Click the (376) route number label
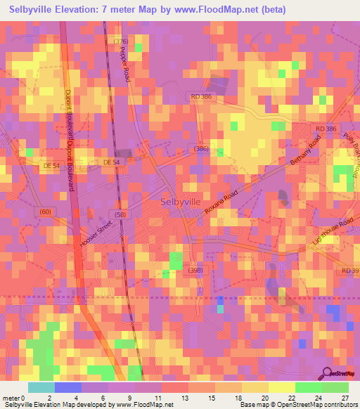[x=121, y=42]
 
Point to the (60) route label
[x=45, y=211]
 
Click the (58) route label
[x=120, y=214]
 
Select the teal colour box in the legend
[x=41, y=387]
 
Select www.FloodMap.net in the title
[x=213, y=10]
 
